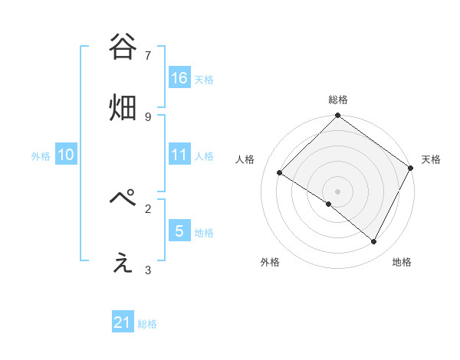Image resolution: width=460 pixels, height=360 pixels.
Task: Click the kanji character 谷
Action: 123,47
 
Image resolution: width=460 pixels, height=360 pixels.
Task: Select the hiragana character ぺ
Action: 123,200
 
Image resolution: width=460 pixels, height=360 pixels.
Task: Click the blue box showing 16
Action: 179,77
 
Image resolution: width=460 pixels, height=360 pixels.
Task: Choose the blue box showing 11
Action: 179,154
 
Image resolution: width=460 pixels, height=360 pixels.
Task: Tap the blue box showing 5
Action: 179,231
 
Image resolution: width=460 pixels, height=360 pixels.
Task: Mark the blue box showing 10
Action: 66,154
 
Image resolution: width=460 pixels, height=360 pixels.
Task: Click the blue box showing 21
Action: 123,322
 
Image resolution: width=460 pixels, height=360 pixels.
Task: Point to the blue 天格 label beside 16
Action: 204,80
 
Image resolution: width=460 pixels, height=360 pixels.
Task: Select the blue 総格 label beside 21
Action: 147,325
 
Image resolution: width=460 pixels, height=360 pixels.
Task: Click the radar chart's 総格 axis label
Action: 338,100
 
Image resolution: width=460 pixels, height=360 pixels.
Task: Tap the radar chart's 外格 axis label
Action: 270,263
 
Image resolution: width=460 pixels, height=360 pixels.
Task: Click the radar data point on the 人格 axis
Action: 280,173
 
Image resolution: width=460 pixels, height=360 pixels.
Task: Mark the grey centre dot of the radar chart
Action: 338,191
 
